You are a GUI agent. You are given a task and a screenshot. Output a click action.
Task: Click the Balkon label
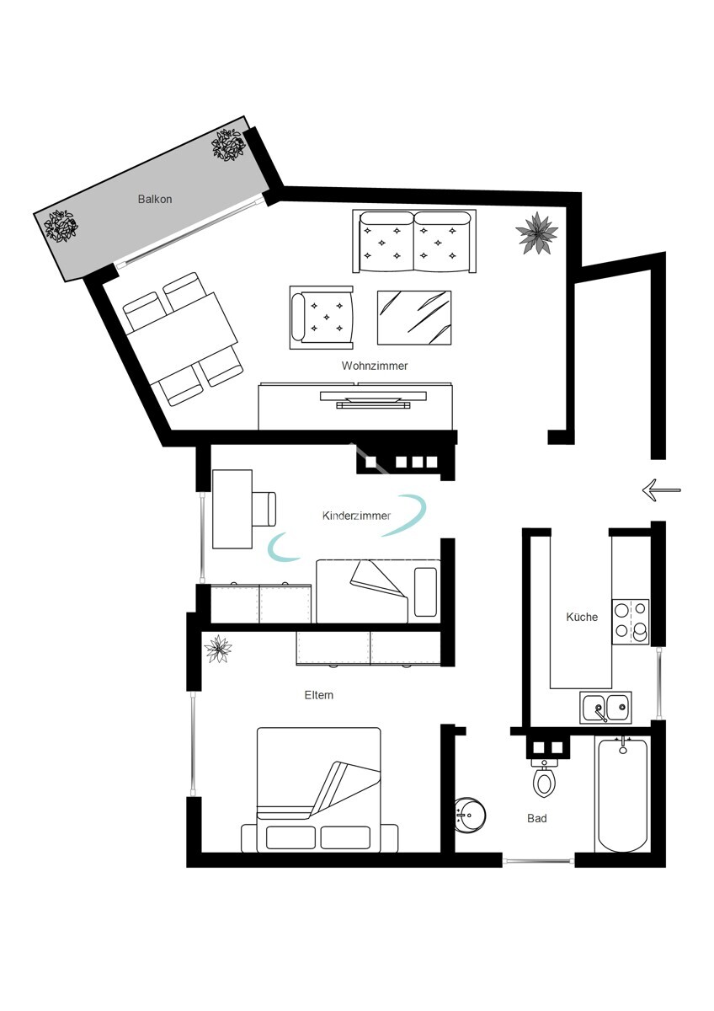(155, 200)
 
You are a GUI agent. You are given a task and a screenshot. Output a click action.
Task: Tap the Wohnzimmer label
(375, 366)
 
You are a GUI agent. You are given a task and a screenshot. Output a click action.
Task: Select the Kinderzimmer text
(356, 516)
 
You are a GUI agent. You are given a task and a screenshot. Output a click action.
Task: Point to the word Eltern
(319, 695)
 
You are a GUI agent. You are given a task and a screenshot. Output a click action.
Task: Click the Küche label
(582, 617)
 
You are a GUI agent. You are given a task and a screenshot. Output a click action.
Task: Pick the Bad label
(537, 818)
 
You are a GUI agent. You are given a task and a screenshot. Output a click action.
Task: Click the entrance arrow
(660, 489)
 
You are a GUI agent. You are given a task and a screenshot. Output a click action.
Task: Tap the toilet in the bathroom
(545, 779)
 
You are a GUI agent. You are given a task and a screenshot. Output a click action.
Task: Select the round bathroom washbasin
(468, 815)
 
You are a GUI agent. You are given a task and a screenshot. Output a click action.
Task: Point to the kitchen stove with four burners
(631, 620)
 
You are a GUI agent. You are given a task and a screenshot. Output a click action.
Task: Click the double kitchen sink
(605, 708)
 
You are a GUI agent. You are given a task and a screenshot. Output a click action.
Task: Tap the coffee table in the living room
(413, 318)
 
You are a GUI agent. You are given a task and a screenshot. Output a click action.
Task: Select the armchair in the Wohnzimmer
(321, 318)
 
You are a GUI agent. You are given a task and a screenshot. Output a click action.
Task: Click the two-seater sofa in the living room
(413, 241)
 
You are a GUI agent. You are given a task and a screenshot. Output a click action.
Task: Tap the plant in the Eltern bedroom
(220, 649)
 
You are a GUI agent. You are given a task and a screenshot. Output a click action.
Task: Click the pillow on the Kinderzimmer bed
(426, 591)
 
